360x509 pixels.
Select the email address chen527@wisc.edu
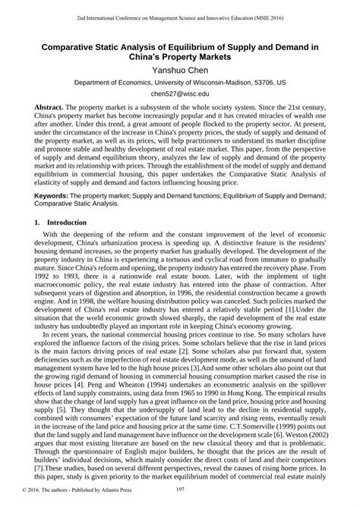click(179, 94)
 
